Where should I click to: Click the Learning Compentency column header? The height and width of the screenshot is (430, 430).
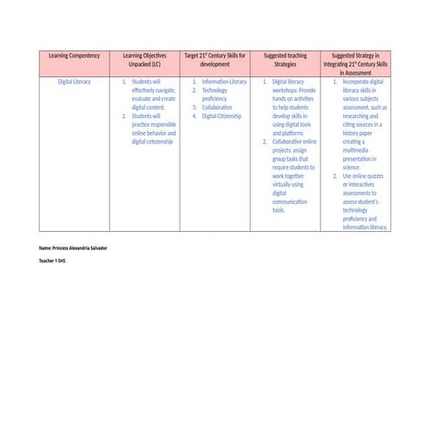74,55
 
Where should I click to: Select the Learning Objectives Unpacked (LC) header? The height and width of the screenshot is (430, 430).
144,59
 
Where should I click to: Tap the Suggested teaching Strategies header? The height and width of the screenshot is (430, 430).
285,59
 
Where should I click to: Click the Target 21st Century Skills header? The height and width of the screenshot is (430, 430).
215,59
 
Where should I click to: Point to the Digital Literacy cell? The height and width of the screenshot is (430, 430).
74,82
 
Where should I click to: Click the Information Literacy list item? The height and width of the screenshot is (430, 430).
224,82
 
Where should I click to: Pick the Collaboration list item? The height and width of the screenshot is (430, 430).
217,107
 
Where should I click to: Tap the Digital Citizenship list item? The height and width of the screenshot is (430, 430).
222,116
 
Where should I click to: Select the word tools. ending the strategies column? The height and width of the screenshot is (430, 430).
279,209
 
